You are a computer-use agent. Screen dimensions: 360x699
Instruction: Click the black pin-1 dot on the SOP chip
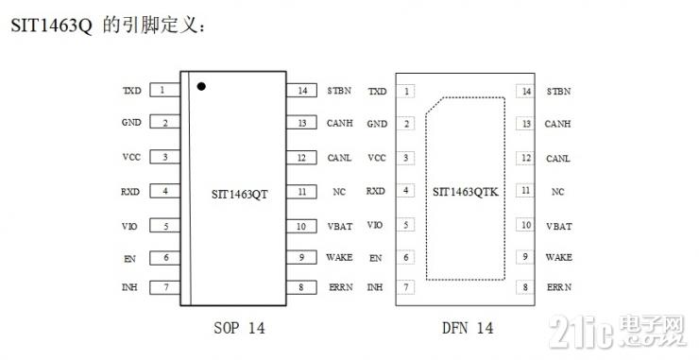click(x=201, y=87)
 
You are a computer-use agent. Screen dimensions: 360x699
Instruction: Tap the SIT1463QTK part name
click(x=466, y=192)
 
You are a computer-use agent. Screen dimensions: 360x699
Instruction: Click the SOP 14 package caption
click(x=239, y=328)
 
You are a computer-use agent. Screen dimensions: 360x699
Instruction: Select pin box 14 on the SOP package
click(x=302, y=91)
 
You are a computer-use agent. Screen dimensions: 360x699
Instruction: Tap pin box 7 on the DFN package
click(x=407, y=286)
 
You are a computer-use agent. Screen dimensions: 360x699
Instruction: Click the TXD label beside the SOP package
click(x=131, y=92)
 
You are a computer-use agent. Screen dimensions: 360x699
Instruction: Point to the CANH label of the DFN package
click(x=558, y=124)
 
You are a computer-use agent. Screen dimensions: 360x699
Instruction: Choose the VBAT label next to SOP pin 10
click(x=339, y=227)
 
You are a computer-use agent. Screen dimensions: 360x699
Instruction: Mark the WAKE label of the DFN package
click(x=558, y=257)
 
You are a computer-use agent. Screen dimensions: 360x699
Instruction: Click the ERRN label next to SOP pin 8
click(x=339, y=287)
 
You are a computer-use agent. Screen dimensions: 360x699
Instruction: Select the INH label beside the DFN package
click(x=375, y=286)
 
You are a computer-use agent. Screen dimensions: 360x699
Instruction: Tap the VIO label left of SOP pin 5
click(x=131, y=226)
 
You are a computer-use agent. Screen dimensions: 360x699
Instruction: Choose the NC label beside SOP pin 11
click(x=339, y=192)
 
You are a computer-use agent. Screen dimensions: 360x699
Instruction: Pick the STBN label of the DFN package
click(x=558, y=92)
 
